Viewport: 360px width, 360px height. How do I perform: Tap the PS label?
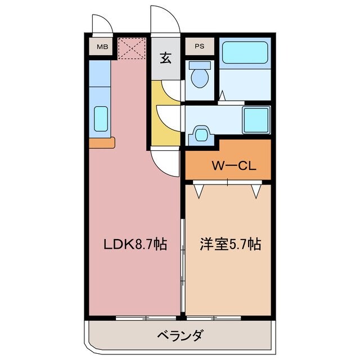pos(200,47)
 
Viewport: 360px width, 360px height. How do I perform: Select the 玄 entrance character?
pos(166,57)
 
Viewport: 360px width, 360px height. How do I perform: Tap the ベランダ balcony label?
pos(179,336)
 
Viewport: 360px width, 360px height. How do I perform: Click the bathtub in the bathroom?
pos(245,52)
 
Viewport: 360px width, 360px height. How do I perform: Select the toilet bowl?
pos(199,77)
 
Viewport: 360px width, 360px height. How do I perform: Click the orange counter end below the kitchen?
pos(101,142)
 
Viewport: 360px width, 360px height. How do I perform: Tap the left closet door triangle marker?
pos(199,192)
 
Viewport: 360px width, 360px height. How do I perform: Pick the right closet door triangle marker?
pos(256,192)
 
